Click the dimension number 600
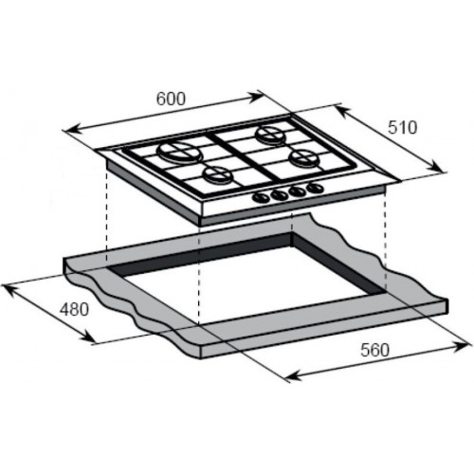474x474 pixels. (x=171, y=99)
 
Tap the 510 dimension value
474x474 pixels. (x=403, y=127)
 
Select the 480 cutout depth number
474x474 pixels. (x=74, y=309)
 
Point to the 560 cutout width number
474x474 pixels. (x=375, y=350)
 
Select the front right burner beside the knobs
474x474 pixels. (x=302, y=157)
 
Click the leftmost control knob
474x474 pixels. (x=262, y=197)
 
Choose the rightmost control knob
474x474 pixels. (x=315, y=188)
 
